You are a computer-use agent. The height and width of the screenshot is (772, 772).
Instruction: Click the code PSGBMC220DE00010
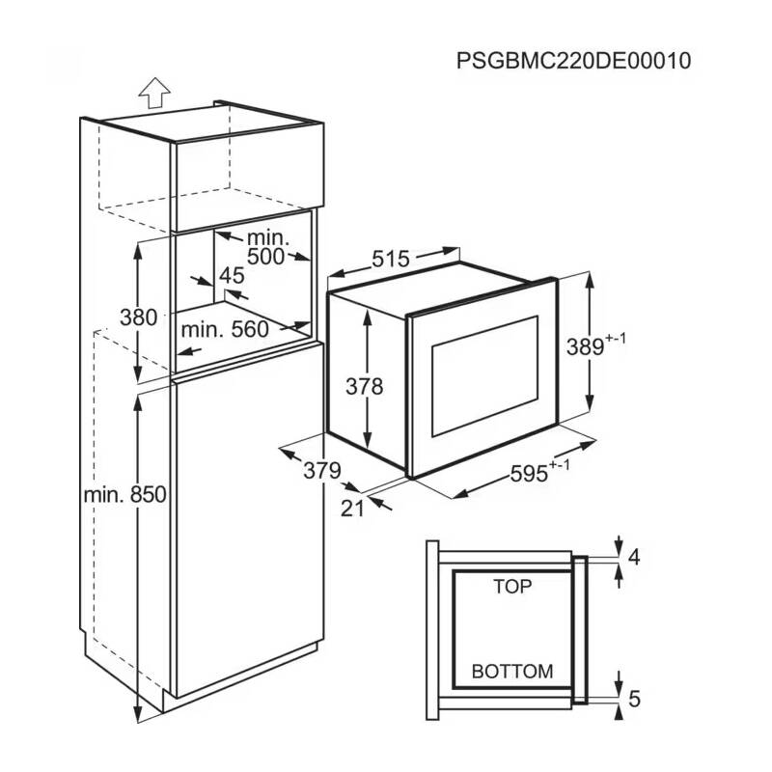(574, 61)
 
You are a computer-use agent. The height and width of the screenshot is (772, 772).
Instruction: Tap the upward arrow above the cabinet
(152, 94)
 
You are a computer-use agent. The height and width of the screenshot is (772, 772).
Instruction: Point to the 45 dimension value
(232, 276)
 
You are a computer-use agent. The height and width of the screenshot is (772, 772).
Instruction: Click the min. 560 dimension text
(226, 329)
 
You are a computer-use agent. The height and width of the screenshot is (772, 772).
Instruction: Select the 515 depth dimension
(392, 260)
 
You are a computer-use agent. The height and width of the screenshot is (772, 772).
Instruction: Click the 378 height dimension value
(366, 386)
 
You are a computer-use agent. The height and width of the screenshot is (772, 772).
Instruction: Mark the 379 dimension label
(322, 470)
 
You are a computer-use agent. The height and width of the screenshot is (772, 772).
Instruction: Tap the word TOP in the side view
(512, 586)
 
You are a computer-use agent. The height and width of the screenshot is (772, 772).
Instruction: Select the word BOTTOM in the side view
(512, 671)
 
